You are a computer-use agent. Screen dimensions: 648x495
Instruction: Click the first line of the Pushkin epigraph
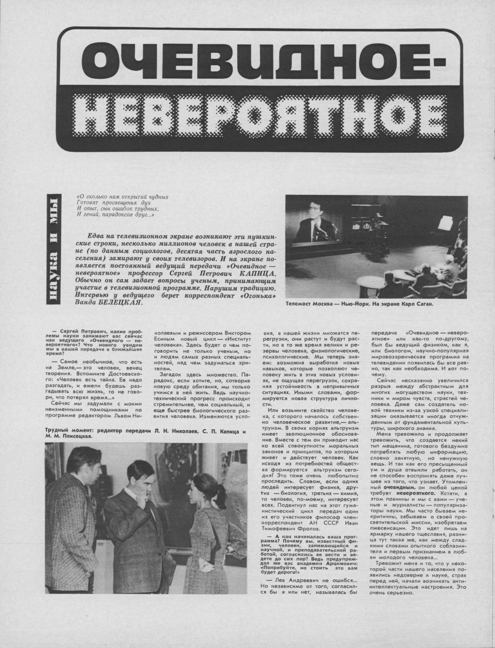point(123,197)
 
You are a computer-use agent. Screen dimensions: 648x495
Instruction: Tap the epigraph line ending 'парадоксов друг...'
point(116,215)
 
